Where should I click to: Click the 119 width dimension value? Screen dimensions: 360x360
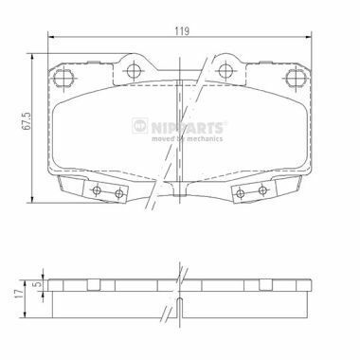tap(182, 31)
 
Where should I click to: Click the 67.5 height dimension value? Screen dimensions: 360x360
tap(27, 120)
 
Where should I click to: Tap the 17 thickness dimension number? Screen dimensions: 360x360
tap(20, 295)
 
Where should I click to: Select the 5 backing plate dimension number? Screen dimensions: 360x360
tap(38, 284)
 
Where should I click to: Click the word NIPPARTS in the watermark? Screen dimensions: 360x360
tap(187, 128)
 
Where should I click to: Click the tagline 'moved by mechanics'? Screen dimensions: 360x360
tap(187, 138)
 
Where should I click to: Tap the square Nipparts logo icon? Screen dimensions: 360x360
tap(140, 126)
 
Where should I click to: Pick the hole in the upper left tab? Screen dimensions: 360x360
tap(134, 70)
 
